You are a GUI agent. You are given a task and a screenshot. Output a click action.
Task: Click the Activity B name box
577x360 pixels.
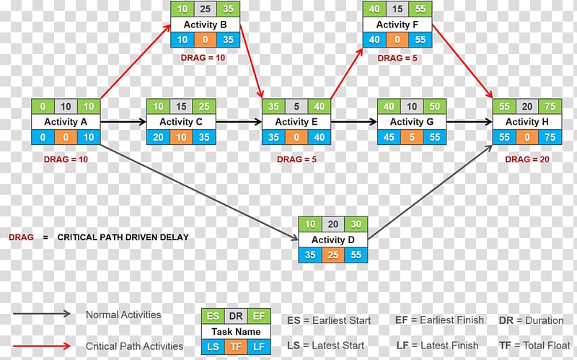(206, 25)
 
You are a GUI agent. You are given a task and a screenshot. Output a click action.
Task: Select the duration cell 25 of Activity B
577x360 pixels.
(206, 9)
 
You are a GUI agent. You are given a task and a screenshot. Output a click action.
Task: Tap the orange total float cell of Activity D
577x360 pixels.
(332, 254)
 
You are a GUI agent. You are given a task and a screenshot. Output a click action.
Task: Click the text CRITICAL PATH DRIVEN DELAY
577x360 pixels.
(123, 237)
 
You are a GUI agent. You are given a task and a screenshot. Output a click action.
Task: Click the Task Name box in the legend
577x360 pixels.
(236, 332)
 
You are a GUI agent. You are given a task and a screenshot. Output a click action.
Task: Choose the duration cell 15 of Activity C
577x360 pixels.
(181, 107)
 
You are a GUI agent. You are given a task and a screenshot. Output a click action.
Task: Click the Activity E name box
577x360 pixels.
(296, 122)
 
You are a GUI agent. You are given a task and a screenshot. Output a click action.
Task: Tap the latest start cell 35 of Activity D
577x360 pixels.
(309, 254)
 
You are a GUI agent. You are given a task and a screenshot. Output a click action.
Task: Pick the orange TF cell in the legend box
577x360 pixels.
(236, 347)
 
